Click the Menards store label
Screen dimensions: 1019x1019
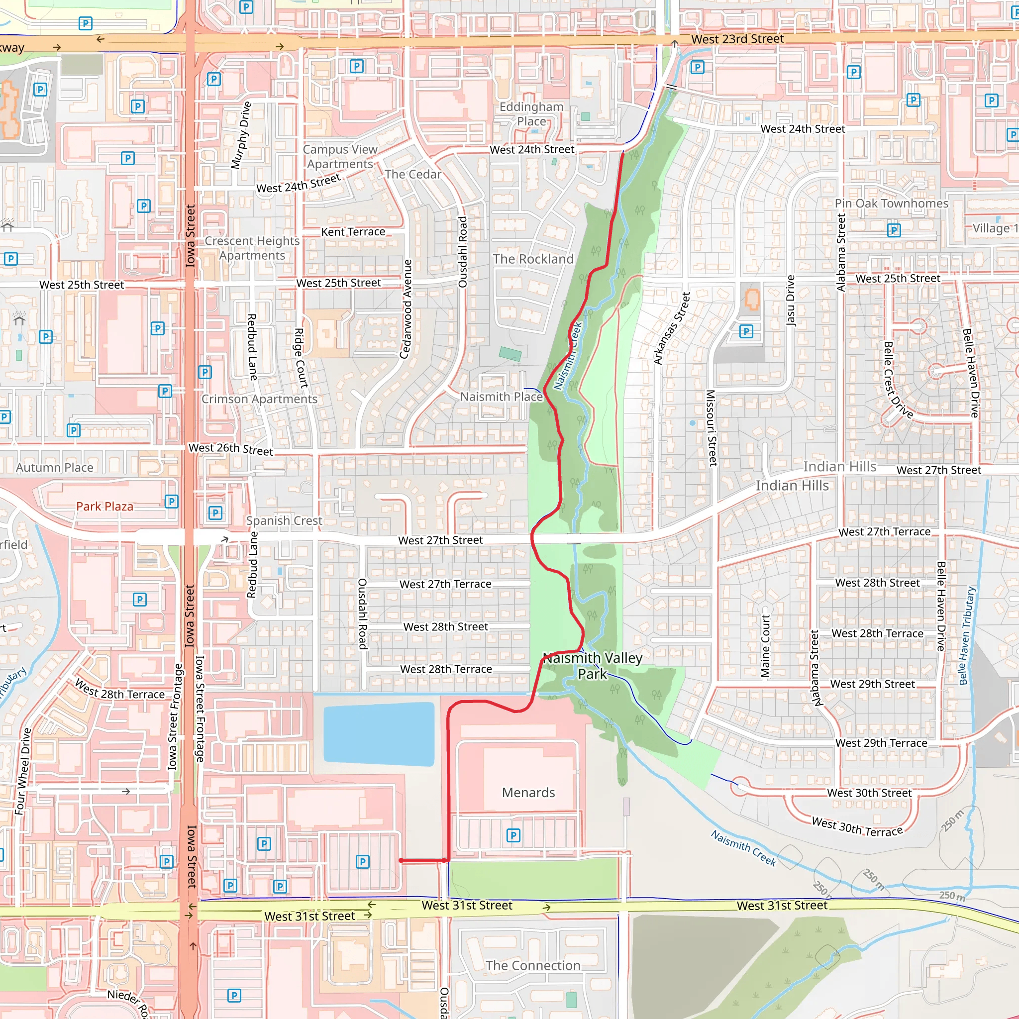[x=528, y=793]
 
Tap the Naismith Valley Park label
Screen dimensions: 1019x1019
[x=592, y=666]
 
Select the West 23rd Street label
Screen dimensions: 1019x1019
[x=737, y=39]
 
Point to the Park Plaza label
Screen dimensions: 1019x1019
[x=104, y=507]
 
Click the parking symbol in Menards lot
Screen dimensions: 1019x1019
[x=513, y=835]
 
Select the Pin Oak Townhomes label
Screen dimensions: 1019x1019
[x=891, y=203]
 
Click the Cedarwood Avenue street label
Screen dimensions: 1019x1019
[x=406, y=309]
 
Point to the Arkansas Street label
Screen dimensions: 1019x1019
[x=671, y=328]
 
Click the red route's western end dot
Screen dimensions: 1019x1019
[x=402, y=860]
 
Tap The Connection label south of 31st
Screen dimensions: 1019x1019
[x=533, y=965]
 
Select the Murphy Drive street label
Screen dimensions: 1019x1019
[x=240, y=135]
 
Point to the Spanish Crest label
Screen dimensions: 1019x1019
[x=284, y=520]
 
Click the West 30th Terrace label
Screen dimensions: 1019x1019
[x=857, y=826]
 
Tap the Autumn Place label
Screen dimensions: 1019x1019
[x=54, y=467]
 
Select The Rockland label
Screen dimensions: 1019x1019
[x=533, y=259]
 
